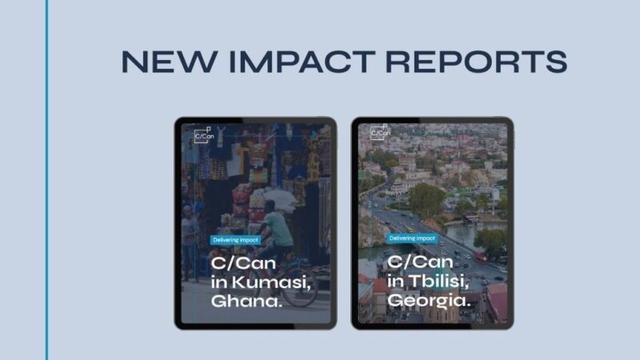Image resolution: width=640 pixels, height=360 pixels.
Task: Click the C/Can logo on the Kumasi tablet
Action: (x=203, y=134)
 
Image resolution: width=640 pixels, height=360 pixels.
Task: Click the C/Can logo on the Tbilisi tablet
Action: (x=379, y=132)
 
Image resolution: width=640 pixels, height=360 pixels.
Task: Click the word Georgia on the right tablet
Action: (x=428, y=301)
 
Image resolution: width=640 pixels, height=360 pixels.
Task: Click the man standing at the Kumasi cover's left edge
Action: (x=187, y=232)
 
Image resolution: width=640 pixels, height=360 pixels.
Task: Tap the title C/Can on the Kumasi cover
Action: (x=236, y=262)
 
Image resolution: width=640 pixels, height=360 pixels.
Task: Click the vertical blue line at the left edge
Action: (x=47, y=180)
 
